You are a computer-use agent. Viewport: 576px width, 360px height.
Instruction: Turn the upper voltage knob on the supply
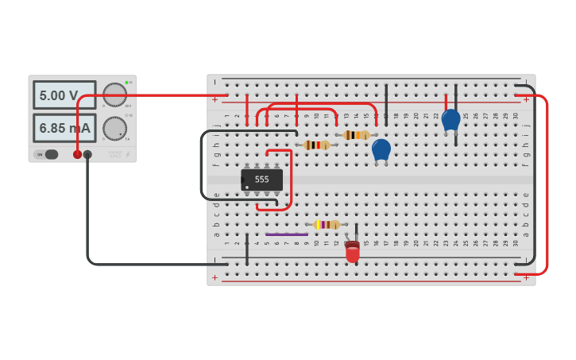(115, 95)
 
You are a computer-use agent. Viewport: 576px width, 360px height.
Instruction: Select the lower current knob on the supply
(115, 128)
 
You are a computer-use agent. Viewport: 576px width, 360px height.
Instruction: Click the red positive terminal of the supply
(77, 154)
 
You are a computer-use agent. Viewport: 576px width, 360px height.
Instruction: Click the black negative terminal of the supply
(87, 154)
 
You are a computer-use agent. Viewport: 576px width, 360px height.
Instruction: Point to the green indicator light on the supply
(126, 82)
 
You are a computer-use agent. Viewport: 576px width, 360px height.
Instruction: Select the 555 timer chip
(261, 180)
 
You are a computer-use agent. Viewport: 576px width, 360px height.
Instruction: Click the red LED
(352, 252)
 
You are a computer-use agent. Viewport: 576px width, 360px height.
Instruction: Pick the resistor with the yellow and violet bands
(326, 225)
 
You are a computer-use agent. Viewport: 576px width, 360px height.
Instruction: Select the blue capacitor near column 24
(450, 120)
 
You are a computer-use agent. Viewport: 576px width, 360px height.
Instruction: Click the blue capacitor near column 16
(381, 149)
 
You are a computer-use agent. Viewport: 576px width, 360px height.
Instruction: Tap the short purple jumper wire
(287, 234)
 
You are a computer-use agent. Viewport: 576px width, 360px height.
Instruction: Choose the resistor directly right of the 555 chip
(316, 145)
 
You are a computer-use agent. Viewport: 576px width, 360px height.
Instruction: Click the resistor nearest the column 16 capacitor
(355, 135)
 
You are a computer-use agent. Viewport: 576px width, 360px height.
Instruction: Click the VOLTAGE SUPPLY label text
(116, 153)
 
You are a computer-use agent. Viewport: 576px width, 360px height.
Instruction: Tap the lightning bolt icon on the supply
(128, 154)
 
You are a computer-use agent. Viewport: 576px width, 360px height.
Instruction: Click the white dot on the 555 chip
(247, 188)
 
